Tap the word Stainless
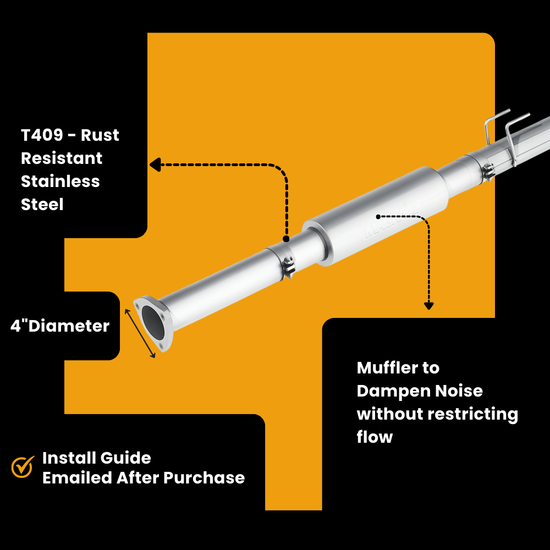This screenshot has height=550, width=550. pos(61,182)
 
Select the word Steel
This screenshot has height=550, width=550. pos(42,205)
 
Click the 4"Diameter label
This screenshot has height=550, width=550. pos(60,326)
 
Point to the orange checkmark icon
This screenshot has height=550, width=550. pos(23,467)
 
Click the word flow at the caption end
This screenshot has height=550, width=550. pos(375,438)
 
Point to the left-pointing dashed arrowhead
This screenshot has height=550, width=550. pos(155,164)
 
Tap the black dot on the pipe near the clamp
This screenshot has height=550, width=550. pos(286,239)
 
